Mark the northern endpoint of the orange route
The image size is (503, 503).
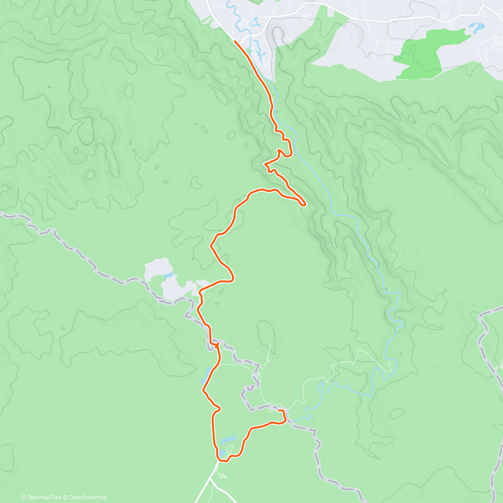[x=235, y=41]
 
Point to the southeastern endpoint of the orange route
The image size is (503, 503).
[x=279, y=410]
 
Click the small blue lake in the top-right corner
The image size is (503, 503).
[x=476, y=28]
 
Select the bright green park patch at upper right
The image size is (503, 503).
[x=423, y=52]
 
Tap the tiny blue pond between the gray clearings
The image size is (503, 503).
[x=169, y=276]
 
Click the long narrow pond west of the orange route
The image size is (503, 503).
[x=207, y=375]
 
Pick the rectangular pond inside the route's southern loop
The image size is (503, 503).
[x=228, y=440]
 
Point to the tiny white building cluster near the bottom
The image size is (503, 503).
[x=223, y=475]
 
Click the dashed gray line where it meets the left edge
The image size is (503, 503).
[x=2, y=214]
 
